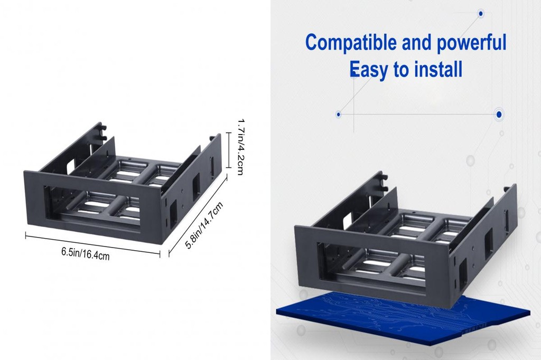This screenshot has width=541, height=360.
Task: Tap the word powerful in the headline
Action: coord(467,43)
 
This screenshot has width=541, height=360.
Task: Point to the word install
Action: coord(438,69)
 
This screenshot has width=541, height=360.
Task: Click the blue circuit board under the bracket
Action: coord(402,319)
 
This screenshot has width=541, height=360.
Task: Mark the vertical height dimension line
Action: coord(228,150)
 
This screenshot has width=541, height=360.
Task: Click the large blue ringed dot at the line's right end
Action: coord(499,114)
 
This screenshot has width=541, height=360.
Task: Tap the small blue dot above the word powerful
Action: coord(481,13)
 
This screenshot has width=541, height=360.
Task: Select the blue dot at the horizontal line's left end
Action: coord(338,114)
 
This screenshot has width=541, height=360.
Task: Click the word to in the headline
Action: coord(400,69)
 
